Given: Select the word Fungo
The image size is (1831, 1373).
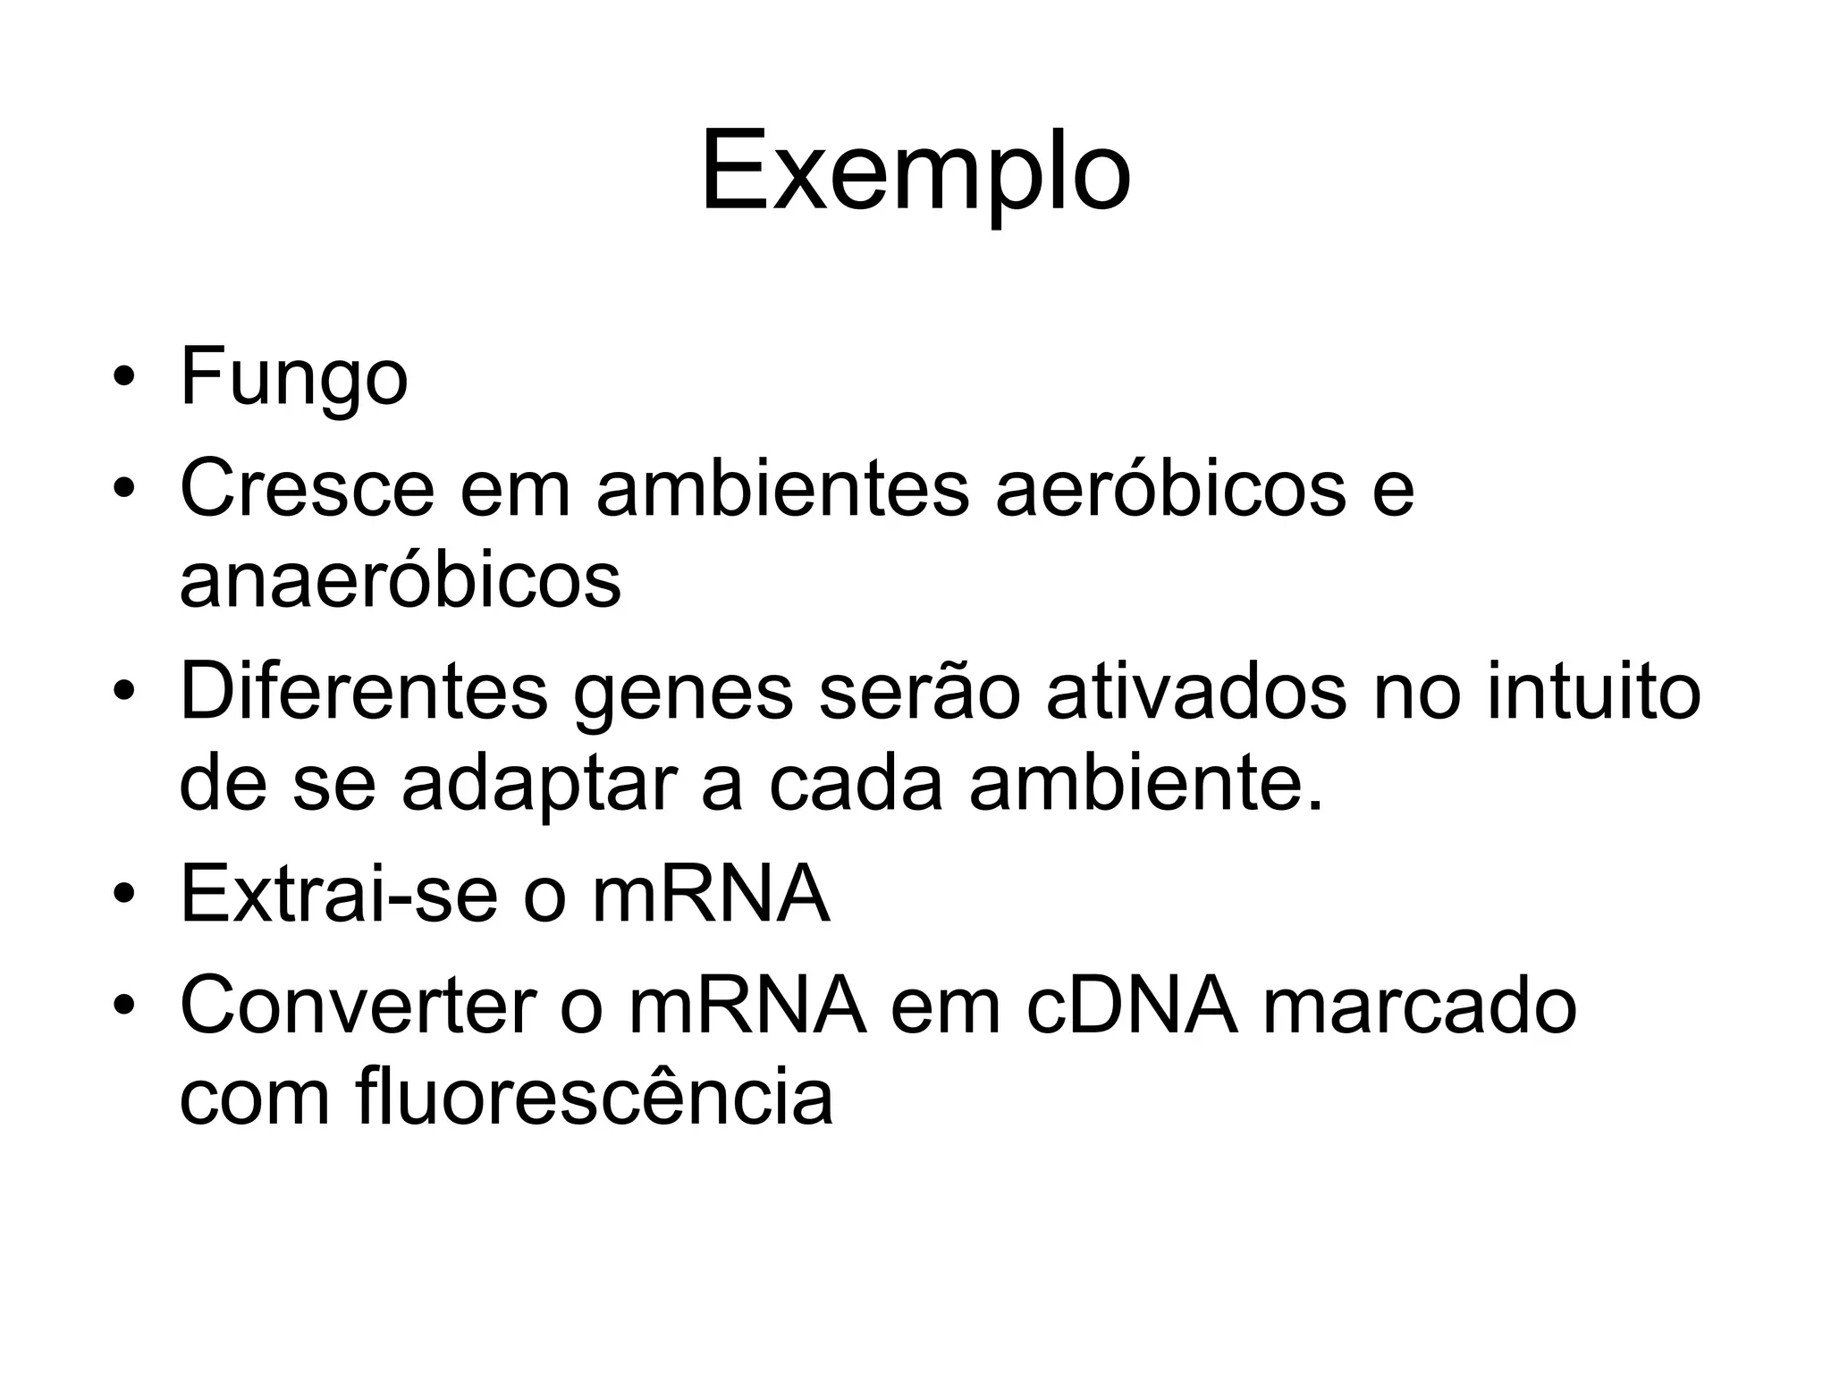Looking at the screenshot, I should point(294,378).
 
